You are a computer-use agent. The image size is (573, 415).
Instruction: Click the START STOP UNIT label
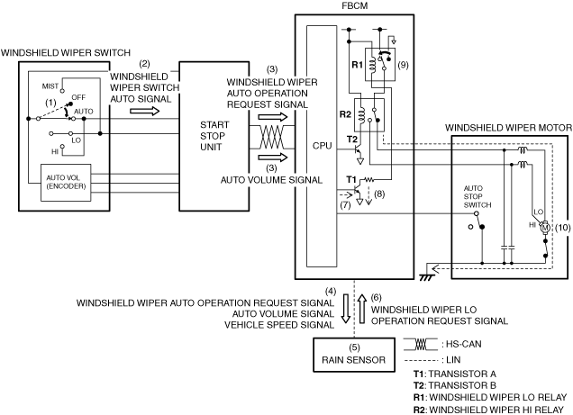click(x=214, y=136)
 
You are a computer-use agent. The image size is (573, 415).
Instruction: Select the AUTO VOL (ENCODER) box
click(x=66, y=183)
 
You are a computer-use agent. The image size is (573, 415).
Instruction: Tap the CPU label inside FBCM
click(x=322, y=146)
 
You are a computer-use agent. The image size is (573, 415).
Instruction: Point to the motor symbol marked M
click(x=544, y=228)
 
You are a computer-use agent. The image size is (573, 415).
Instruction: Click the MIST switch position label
click(x=50, y=86)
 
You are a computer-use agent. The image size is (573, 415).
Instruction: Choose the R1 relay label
click(x=357, y=65)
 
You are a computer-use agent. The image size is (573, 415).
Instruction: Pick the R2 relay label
click(x=345, y=114)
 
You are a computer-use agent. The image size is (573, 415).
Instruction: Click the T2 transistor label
click(x=351, y=139)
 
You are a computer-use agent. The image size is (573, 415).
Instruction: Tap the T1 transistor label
click(x=351, y=179)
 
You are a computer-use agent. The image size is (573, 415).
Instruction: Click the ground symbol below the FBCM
click(x=426, y=276)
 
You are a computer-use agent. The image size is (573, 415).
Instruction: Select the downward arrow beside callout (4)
click(x=346, y=309)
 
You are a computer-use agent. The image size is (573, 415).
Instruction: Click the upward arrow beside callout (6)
click(x=362, y=309)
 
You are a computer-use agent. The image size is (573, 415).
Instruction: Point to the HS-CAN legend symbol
click(x=421, y=344)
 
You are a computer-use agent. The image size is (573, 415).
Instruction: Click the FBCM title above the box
click(x=354, y=5)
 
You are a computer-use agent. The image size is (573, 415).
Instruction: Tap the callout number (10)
click(x=562, y=228)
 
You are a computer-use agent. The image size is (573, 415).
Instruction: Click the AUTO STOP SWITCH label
click(x=477, y=197)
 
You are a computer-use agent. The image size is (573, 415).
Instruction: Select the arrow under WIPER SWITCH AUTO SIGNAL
click(x=145, y=111)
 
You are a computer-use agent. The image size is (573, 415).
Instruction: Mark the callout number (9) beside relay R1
click(x=403, y=65)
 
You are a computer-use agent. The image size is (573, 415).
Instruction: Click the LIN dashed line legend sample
click(x=421, y=361)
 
